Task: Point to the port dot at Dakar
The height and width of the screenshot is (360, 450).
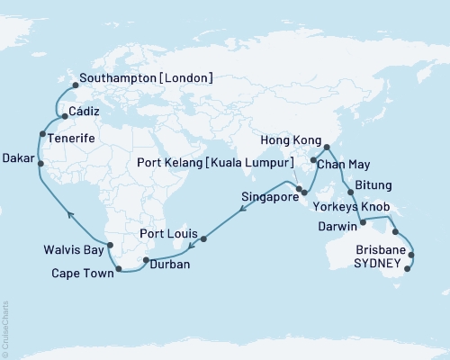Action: coord(36,163)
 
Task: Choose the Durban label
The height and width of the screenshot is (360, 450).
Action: coord(168,266)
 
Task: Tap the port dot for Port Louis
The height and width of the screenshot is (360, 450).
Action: coord(203,239)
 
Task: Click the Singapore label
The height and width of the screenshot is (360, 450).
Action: coord(268,195)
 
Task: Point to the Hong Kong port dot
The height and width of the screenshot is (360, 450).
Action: coord(325,147)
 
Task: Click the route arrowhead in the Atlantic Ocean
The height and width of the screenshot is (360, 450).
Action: coord(68,212)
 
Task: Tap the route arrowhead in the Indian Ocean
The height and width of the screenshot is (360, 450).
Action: coord(241,211)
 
